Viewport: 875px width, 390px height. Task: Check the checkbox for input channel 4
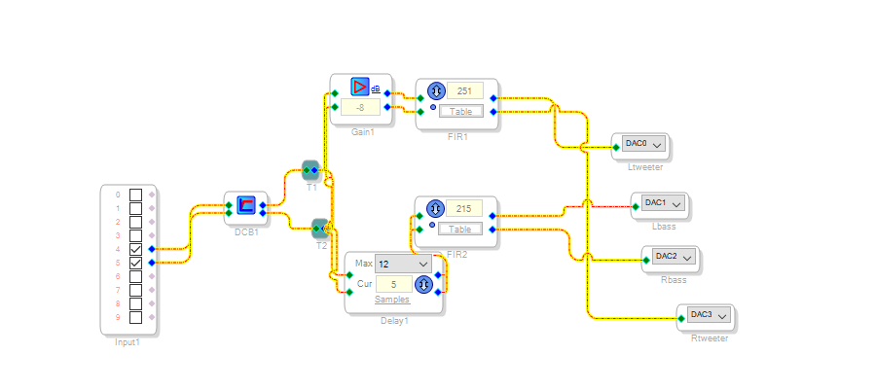(x=135, y=249)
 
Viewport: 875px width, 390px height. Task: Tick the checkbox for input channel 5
(x=135, y=263)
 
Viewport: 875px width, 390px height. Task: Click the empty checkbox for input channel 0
(x=135, y=195)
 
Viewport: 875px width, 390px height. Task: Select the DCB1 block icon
(x=246, y=206)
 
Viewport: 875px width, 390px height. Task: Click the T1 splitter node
(x=311, y=170)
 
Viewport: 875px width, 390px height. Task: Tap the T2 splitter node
(x=320, y=229)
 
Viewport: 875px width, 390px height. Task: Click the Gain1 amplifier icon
(x=359, y=87)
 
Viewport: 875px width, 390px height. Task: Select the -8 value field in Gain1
(x=360, y=107)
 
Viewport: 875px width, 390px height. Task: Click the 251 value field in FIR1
(x=464, y=90)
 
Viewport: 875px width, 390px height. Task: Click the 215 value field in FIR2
(x=464, y=208)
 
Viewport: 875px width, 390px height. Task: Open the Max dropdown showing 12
(x=404, y=264)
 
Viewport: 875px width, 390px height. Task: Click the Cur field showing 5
(x=393, y=284)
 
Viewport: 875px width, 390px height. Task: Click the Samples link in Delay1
(x=392, y=300)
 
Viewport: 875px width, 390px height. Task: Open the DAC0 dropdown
(x=642, y=144)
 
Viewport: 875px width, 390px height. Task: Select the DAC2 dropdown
(x=673, y=257)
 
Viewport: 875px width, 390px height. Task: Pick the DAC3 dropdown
(x=707, y=315)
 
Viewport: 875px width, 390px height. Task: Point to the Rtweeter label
(x=709, y=337)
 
